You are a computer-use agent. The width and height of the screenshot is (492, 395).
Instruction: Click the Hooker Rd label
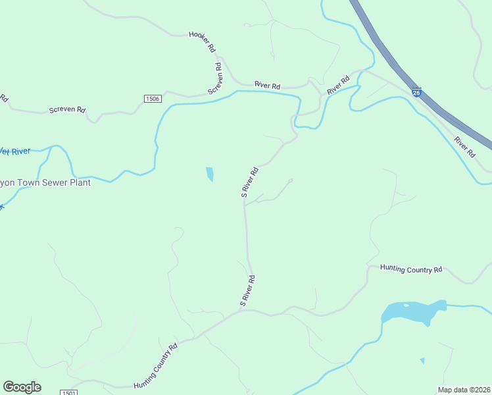coord(203,41)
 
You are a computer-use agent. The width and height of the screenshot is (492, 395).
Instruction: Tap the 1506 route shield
coord(153,98)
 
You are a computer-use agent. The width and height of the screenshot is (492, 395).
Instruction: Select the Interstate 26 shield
coord(416,93)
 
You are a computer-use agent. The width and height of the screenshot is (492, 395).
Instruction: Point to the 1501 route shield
coord(68,392)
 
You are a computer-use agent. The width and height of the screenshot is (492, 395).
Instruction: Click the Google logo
coord(22,387)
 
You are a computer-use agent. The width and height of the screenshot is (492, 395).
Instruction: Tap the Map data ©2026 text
coord(464,390)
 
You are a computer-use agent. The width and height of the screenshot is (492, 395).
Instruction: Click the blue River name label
coord(14,151)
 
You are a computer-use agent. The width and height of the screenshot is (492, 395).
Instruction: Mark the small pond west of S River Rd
coord(210,174)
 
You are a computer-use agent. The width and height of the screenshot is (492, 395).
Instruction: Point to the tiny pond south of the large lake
coord(422,361)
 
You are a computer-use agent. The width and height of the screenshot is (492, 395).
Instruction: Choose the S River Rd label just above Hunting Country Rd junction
coord(247,290)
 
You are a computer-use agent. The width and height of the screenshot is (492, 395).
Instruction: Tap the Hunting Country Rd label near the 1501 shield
coord(156,365)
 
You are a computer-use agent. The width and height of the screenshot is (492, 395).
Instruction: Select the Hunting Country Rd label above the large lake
coord(412,269)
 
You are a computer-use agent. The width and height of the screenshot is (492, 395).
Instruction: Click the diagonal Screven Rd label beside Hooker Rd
coord(216,78)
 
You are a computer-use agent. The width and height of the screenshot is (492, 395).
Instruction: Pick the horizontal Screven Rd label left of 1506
coord(67,110)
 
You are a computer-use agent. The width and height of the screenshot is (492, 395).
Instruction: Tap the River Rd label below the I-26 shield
coord(464,147)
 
